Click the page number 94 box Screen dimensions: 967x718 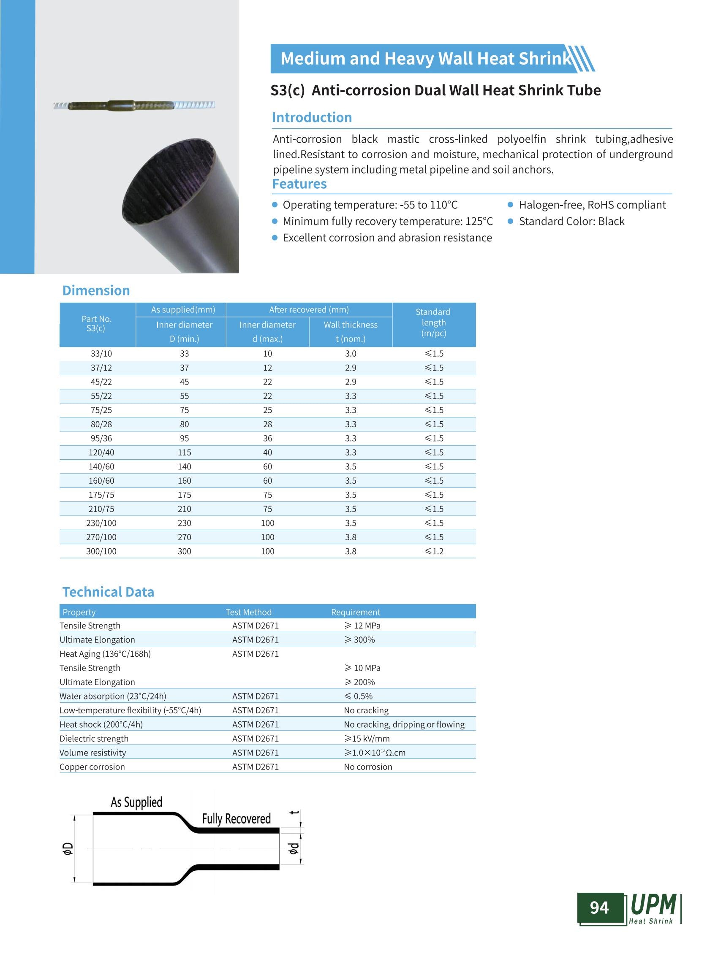coord(600,907)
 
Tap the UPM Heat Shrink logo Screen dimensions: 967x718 coord(654,908)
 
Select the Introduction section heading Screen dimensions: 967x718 coord(312,117)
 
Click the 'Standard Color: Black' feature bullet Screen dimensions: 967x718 coord(571,221)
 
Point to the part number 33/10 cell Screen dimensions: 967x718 coord(101,354)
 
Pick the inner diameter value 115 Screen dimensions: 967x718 coord(184,452)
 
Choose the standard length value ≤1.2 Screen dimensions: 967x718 coord(434,551)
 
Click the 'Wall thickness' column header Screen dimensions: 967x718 coord(350,325)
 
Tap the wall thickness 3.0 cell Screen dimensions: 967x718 coord(350,354)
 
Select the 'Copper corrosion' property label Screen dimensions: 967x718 coord(92,767)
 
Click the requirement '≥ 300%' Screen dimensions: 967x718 coord(359,639)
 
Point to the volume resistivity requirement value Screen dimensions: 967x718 coord(375,753)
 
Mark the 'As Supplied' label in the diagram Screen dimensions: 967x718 coord(136,802)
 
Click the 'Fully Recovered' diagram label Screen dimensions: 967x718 coord(236,819)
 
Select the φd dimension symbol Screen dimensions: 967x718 coord(294,848)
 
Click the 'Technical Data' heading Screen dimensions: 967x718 coord(108,592)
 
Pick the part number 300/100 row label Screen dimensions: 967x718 coord(101,551)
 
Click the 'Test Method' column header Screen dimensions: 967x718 coord(249,612)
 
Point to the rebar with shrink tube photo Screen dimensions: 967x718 coord(134,105)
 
